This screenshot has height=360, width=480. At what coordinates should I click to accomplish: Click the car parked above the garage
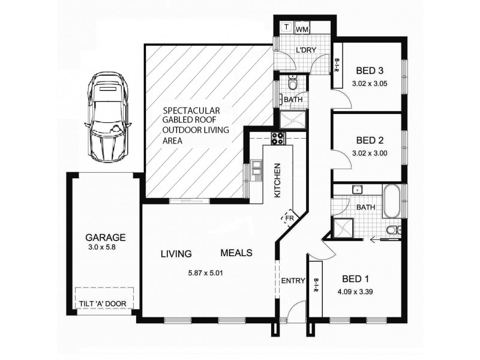click(109, 118)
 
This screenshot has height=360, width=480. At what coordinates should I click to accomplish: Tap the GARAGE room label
click(105, 236)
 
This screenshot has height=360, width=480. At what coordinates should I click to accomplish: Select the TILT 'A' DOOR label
click(103, 304)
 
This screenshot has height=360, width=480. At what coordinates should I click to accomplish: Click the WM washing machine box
click(303, 28)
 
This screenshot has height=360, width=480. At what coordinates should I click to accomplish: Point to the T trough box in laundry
click(286, 28)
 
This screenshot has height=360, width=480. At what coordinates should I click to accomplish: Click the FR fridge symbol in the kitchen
click(289, 217)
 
